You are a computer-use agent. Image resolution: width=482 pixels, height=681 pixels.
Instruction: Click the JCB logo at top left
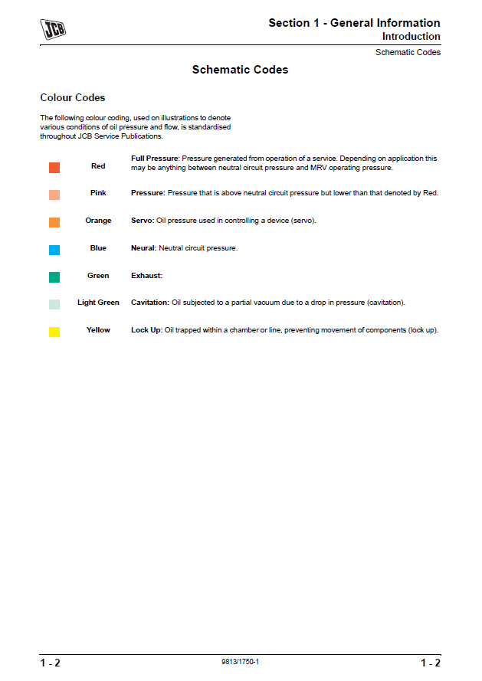53,30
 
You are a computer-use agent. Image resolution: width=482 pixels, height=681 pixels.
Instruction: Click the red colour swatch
54,167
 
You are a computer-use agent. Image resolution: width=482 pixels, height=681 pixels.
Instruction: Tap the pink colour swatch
54,195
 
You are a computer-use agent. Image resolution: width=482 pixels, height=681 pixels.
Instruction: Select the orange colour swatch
54,222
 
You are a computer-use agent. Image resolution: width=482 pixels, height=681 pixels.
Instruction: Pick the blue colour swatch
54,250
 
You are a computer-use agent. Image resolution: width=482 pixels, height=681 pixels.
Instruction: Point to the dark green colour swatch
54,277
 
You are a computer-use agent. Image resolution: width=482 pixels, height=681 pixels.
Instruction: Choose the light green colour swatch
54,304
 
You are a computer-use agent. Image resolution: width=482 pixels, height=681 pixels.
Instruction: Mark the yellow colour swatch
54,332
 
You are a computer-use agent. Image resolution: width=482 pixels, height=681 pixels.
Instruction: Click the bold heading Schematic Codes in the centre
240,70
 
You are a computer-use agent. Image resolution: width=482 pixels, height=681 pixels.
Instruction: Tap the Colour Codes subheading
73,98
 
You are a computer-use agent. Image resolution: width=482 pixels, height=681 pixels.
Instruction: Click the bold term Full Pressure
155,159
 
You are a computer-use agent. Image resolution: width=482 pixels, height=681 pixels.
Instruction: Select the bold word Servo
142,221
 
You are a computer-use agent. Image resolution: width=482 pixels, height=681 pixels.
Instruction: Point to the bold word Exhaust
146,276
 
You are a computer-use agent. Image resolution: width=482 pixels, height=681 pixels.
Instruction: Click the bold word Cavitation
149,303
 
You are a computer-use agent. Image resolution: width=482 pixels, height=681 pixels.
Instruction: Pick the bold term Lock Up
146,330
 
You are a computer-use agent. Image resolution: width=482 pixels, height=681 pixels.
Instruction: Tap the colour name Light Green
98,303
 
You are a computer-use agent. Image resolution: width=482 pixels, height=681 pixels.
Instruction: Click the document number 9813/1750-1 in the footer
240,661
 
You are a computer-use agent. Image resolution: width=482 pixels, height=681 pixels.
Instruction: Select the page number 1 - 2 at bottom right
430,663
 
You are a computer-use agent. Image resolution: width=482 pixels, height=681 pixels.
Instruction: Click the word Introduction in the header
411,37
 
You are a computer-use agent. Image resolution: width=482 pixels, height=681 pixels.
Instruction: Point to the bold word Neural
143,248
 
